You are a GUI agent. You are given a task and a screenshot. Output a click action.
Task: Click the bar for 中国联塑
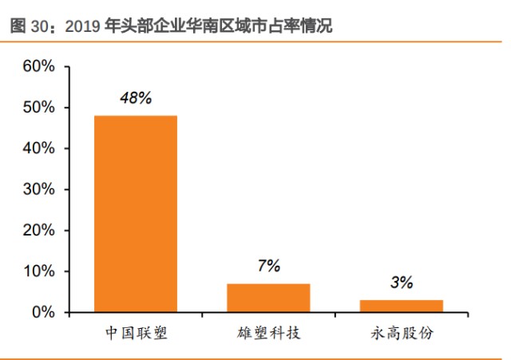click(x=135, y=213)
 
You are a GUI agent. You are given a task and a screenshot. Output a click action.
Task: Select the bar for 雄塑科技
click(x=268, y=297)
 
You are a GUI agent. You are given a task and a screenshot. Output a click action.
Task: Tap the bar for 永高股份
click(x=401, y=306)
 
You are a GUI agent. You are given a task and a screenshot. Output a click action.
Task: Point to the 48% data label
click(x=136, y=99)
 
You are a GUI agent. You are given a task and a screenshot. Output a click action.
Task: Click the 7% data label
click(x=268, y=267)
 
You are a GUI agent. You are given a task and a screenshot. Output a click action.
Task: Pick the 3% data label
click(x=401, y=282)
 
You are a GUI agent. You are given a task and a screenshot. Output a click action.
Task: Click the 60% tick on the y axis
click(x=38, y=66)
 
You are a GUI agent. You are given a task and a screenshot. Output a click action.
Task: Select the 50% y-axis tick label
click(x=38, y=107)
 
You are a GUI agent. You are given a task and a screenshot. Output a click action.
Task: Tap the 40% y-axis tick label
click(x=38, y=148)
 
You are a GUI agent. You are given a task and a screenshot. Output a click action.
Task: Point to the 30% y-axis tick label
click(x=38, y=189)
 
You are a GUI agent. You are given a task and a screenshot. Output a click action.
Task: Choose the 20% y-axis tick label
click(x=38, y=230)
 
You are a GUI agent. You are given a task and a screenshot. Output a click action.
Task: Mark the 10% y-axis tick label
click(x=38, y=271)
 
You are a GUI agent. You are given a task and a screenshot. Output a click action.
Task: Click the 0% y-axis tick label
click(x=42, y=312)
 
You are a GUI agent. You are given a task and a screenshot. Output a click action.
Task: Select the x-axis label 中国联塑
click(x=136, y=333)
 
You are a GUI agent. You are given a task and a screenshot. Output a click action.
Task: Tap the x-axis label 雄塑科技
click(x=268, y=333)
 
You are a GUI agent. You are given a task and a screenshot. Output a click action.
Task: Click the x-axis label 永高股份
click(x=402, y=333)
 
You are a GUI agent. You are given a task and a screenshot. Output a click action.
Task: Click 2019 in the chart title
click(x=82, y=26)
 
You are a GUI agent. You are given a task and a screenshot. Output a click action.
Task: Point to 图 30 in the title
click(x=29, y=26)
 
